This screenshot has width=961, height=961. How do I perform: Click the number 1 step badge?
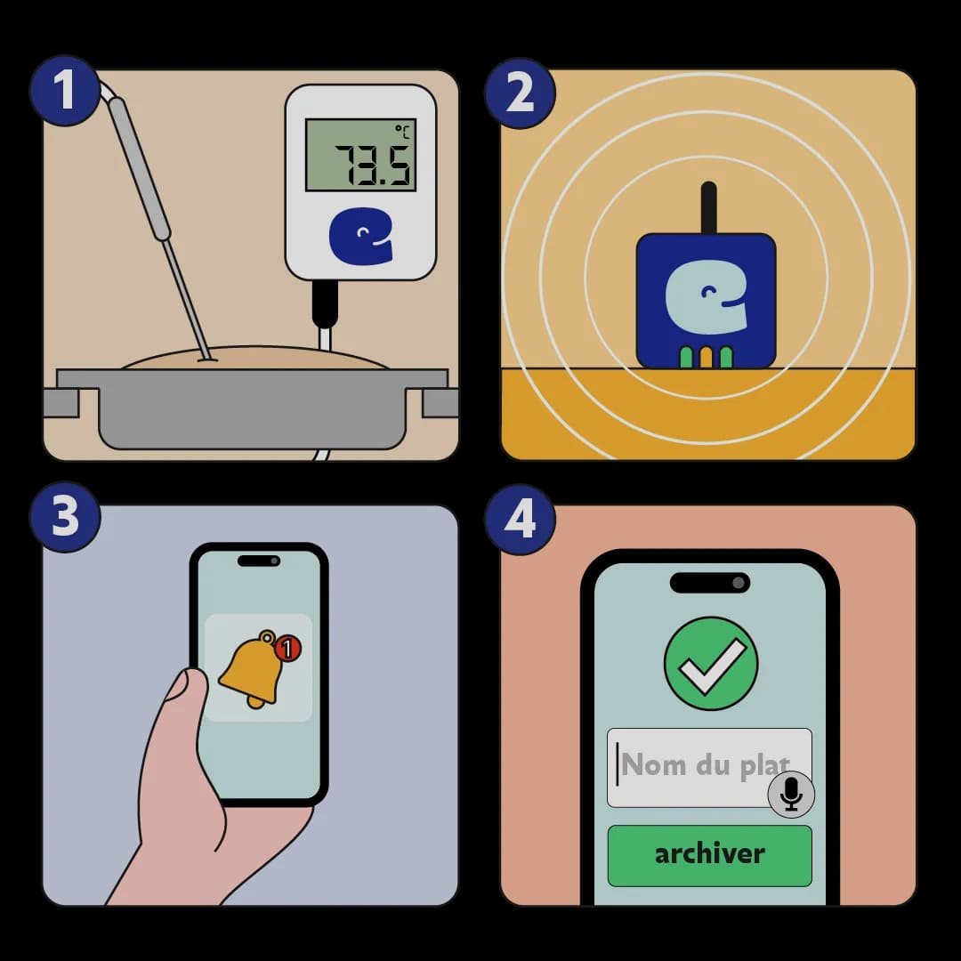(65, 92)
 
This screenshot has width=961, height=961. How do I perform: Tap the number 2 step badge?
(520, 93)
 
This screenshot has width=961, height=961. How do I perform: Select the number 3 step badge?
(65, 517)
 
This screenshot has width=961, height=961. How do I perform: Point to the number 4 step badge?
(520, 520)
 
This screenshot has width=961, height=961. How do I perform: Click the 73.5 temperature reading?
(373, 166)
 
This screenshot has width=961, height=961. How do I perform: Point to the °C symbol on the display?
(403, 132)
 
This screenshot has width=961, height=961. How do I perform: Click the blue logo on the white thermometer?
(361, 236)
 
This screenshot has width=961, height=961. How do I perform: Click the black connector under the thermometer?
(324, 304)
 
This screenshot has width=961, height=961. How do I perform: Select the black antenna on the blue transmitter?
(708, 208)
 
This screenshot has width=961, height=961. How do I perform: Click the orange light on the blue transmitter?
(706, 358)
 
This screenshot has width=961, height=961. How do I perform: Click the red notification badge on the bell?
(287, 649)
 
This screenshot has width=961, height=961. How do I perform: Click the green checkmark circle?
(711, 663)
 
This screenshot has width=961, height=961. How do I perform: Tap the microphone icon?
(791, 795)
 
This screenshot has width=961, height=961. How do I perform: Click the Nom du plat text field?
(709, 767)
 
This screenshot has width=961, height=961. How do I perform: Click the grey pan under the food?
(251, 407)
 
